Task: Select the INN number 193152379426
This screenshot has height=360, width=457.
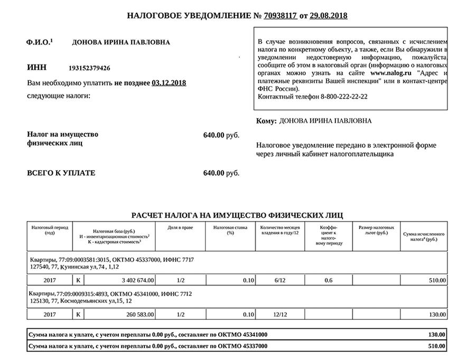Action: pos(89,68)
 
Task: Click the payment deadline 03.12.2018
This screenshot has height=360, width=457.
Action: pos(169,83)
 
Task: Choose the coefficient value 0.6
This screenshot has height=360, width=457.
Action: pos(328,280)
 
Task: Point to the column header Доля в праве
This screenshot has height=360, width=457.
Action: pos(180,227)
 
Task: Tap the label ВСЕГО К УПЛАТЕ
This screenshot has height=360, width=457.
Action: pos(61,173)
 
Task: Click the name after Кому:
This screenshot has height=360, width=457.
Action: pos(325,121)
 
